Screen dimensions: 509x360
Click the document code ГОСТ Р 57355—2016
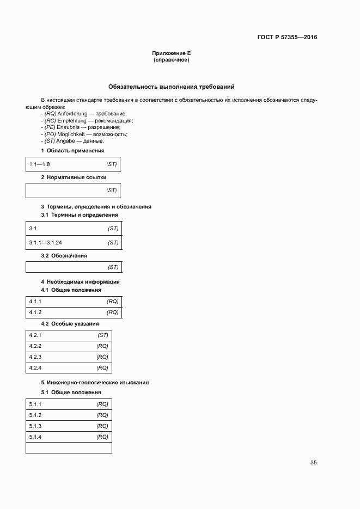pos(287,38)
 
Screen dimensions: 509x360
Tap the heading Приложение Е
pos(172,53)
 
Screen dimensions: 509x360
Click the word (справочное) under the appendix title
pos(172,60)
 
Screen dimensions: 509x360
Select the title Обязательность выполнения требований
pos(172,87)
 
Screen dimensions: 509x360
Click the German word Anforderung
pos(75,113)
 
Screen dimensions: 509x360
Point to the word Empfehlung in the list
pos(72,120)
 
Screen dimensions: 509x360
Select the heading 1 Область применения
pos(72,150)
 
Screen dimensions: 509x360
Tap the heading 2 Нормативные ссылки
pos(74,177)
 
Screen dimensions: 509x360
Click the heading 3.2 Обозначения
pos(64,255)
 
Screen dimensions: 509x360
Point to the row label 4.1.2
pos(35,312)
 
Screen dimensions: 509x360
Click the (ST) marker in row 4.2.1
pos(102,335)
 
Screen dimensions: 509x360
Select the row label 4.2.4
pos(35,368)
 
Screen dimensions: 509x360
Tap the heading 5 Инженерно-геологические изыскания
pos(95,382)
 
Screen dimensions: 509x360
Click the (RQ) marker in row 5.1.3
pos(102,426)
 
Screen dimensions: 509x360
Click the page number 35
pos(313,463)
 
